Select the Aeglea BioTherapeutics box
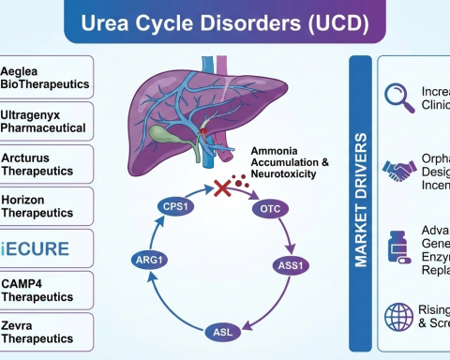47,77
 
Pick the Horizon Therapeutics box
47,206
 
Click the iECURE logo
47,249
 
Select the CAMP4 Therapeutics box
47,292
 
